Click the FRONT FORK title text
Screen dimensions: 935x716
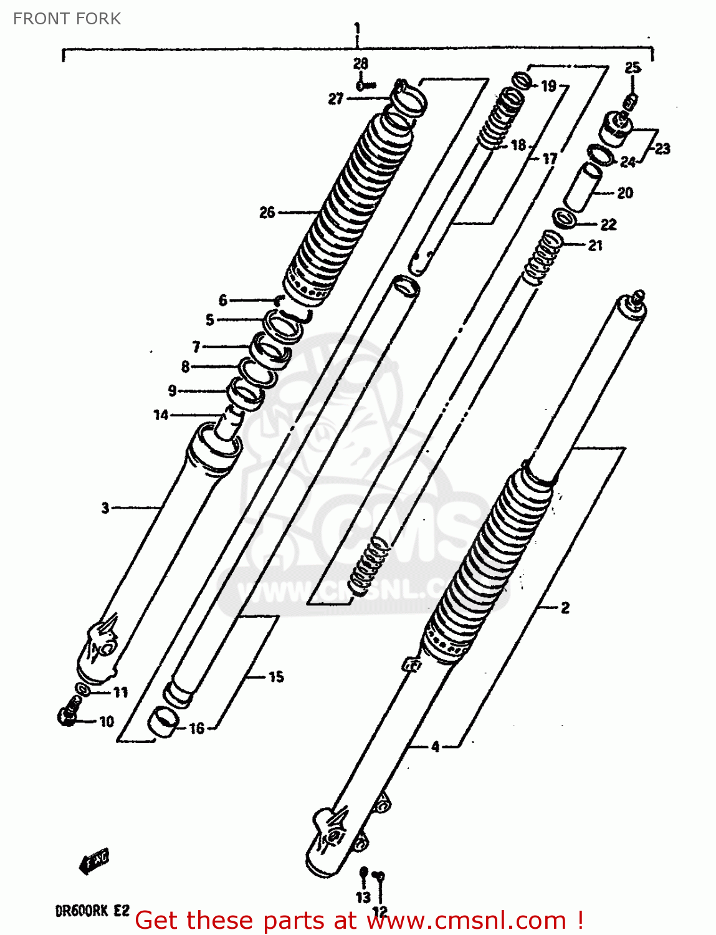(x=67, y=19)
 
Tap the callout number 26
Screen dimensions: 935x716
(x=267, y=213)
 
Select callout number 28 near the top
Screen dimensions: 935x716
(x=360, y=64)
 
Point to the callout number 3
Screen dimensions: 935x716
(x=105, y=508)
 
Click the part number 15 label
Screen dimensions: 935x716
(x=276, y=676)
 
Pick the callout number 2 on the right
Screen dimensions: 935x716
(x=565, y=607)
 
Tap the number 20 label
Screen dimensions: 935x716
(x=625, y=193)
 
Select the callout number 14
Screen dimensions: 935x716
(x=161, y=415)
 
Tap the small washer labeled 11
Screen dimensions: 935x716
(x=82, y=689)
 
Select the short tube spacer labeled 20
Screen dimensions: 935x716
(x=583, y=187)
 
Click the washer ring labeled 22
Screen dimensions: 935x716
(x=565, y=219)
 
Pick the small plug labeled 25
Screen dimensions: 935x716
(x=631, y=100)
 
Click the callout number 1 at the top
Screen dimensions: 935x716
(x=357, y=28)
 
